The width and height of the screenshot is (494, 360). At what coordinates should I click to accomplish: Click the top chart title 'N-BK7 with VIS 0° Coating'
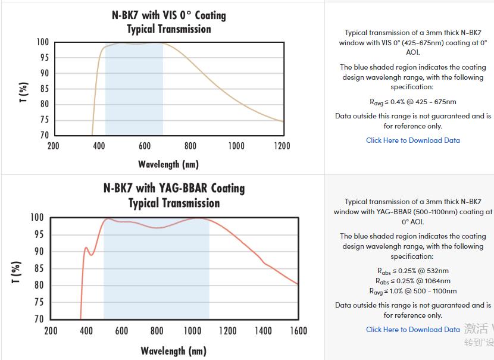(169, 15)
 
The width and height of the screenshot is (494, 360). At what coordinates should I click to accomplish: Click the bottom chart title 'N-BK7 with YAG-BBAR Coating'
(174, 188)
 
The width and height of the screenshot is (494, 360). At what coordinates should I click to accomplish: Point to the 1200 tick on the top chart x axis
(282, 146)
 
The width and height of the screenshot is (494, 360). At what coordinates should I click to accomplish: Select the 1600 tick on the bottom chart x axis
(298, 331)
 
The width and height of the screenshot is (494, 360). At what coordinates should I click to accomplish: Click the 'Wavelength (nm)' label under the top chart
(168, 164)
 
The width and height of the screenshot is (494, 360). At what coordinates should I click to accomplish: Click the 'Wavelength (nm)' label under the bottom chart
(174, 350)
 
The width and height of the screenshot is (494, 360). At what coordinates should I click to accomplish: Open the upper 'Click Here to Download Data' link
(412, 140)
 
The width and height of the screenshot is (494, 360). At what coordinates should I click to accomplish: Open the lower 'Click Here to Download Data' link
(412, 329)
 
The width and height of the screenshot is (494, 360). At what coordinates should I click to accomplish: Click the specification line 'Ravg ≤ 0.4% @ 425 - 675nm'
(412, 102)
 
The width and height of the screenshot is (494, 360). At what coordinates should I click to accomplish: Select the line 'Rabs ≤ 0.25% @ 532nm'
(412, 271)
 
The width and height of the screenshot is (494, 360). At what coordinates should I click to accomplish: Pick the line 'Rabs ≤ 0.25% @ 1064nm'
(412, 281)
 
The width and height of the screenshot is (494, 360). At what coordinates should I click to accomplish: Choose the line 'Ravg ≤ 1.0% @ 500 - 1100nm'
(412, 291)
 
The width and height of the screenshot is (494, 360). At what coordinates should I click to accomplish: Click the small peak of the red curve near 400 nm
(86, 248)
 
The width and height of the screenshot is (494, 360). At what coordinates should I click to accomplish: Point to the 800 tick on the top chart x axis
(190, 146)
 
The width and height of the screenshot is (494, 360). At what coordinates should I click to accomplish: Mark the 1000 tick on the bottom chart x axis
(192, 331)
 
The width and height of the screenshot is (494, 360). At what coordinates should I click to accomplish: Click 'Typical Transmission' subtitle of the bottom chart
(174, 203)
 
